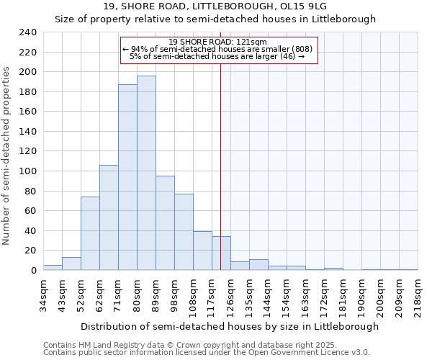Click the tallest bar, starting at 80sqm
[x=146, y=173]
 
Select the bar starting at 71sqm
[x=127, y=177]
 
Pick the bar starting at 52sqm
[x=90, y=233]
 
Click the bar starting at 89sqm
[x=165, y=223]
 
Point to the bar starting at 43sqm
[x=71, y=264]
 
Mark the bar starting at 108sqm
[x=202, y=251]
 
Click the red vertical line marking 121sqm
[x=220, y=166]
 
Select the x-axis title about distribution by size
[x=230, y=326]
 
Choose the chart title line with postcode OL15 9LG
[x=215, y=6]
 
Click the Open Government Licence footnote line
[x=207, y=353]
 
